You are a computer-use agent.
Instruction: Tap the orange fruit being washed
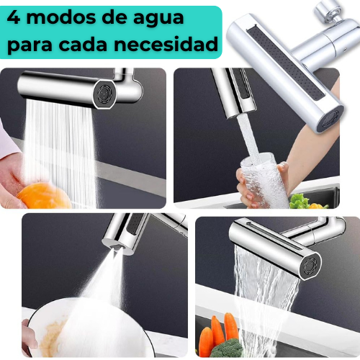[43, 195]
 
